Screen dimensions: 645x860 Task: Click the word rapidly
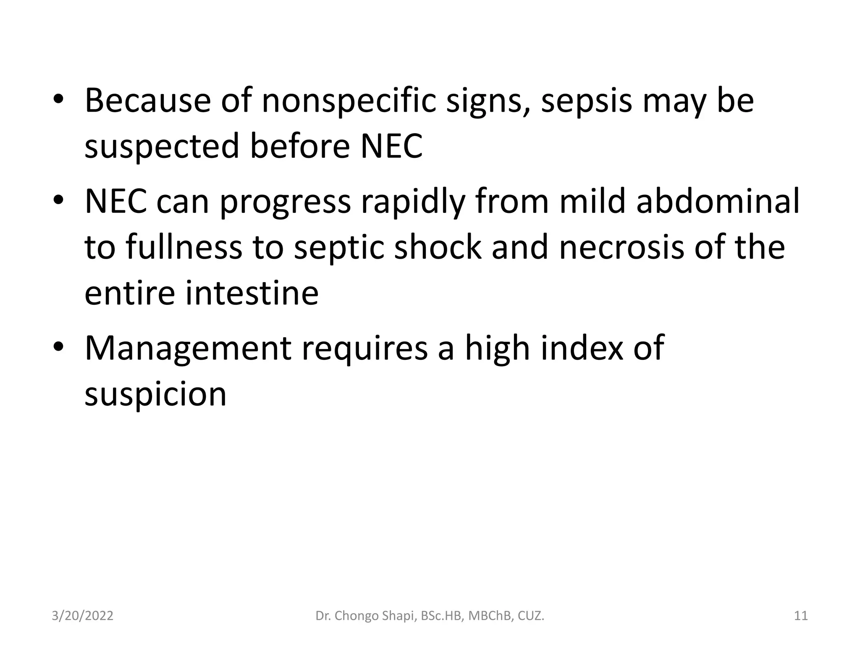tap(413, 201)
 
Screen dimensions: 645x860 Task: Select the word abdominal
tap(718, 201)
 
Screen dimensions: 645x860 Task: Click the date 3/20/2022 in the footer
tap(82, 616)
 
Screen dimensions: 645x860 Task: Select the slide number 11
tap(801, 616)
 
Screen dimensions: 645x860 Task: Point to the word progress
tap(285, 201)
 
